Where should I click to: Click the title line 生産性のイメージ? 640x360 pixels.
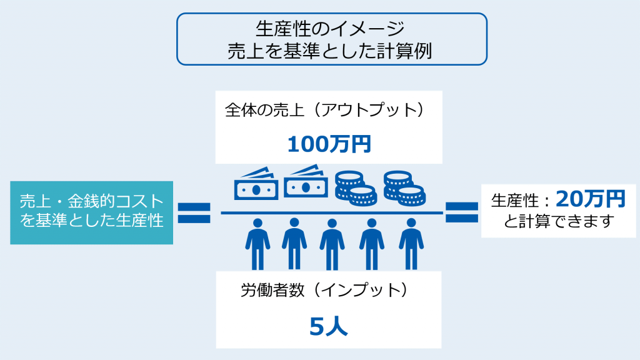pos(330,29)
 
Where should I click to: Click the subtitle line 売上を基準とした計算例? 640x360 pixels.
pos(330,51)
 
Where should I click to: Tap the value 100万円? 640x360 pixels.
pos(329,144)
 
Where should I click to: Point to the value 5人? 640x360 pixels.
pos(329,326)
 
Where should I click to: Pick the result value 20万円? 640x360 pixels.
pos(590,199)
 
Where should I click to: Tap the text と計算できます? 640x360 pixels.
pos(559,221)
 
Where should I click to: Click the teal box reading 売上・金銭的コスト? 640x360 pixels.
pos(91,212)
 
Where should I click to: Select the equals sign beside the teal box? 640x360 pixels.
pos(194,213)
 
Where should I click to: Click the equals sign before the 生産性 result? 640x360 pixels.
pos(462,212)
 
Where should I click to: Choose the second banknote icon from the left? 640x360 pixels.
pos(306,182)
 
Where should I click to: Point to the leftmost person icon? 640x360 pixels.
pos(257,244)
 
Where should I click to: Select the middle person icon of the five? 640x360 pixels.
pos(332,244)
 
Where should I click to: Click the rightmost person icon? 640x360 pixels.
pos(411,244)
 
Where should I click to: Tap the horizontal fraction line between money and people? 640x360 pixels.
pos(332,212)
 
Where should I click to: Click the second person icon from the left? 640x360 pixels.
pos(294,244)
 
